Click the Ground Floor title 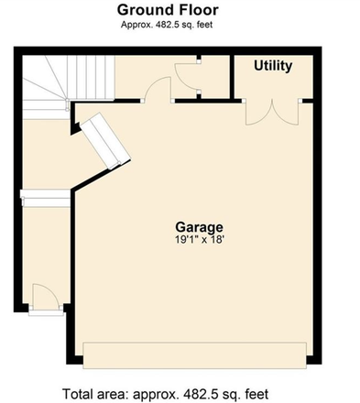click(x=168, y=10)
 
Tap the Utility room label click(x=273, y=66)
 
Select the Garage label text click(x=199, y=227)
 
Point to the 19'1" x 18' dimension click(x=200, y=240)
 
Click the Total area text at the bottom click(x=166, y=394)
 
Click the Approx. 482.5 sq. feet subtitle click(x=167, y=25)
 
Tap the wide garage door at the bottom click(x=195, y=355)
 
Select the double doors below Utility click(x=272, y=112)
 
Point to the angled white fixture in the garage click(x=105, y=141)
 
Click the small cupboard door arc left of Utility click(x=186, y=76)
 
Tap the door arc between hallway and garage click(x=158, y=89)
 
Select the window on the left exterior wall click(x=45, y=199)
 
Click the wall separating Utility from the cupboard click(x=232, y=77)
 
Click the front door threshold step click(x=46, y=312)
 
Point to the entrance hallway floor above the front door click(x=47, y=245)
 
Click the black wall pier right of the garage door click(x=314, y=360)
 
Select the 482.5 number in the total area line click(x=197, y=394)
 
